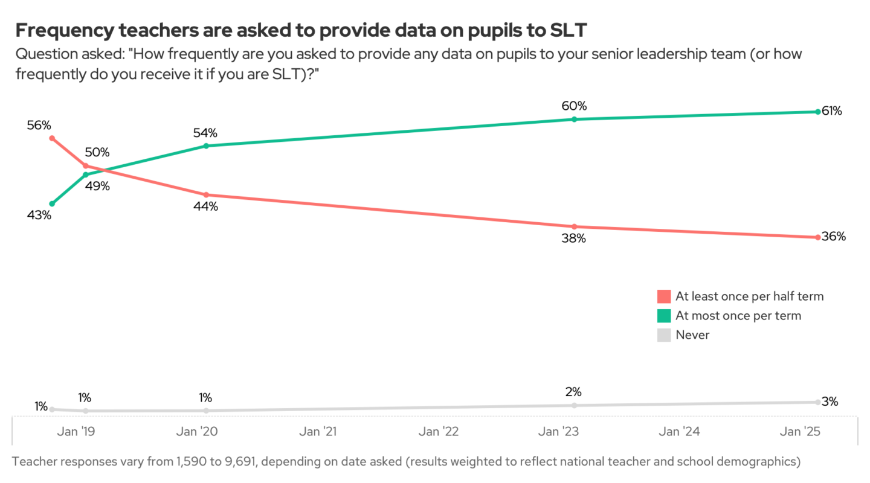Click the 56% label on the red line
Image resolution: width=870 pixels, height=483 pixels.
pos(39,126)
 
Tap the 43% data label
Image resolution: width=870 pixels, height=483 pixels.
pos(39,214)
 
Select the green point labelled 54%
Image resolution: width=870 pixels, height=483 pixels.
pos(206,146)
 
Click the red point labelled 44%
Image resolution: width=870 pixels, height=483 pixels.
pos(206,195)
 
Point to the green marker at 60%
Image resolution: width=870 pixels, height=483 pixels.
pos(574,119)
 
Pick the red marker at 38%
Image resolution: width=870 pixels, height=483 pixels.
pos(574,226)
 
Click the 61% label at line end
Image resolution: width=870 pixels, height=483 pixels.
pos(832,111)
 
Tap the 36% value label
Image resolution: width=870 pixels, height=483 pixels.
pos(834,237)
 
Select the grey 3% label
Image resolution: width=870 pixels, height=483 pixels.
pos(830,401)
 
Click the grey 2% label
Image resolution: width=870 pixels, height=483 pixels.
pos(573,392)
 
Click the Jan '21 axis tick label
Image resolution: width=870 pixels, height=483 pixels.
pos(318,432)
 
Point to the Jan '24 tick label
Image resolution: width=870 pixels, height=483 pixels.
pos(680,432)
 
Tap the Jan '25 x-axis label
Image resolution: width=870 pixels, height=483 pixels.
pos(799,432)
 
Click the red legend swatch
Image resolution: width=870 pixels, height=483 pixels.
pos(664,296)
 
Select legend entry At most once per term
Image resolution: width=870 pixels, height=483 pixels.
pos(738,316)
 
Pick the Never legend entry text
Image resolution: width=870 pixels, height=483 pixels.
pos(692,335)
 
